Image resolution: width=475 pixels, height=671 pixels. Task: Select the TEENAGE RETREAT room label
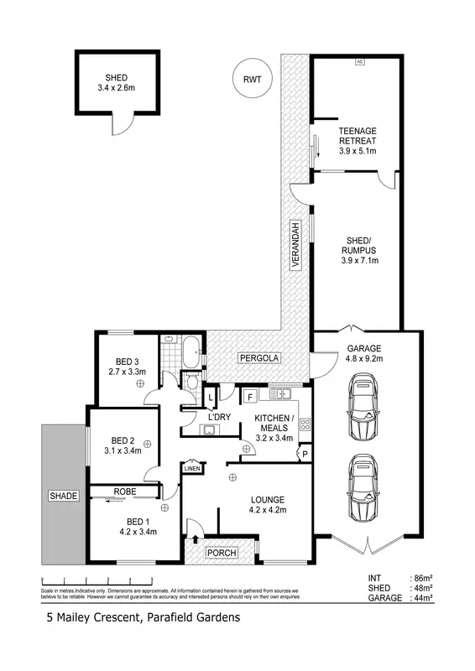[357, 141]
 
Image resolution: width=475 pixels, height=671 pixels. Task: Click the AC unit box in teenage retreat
[360, 62]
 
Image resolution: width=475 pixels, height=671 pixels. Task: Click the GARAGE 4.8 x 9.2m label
[358, 353]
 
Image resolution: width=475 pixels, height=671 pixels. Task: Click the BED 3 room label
[127, 367]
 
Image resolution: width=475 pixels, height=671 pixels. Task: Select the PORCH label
[222, 553]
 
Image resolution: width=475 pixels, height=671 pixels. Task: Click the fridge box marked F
[250, 396]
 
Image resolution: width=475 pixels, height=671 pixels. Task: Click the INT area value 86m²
[420, 579]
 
